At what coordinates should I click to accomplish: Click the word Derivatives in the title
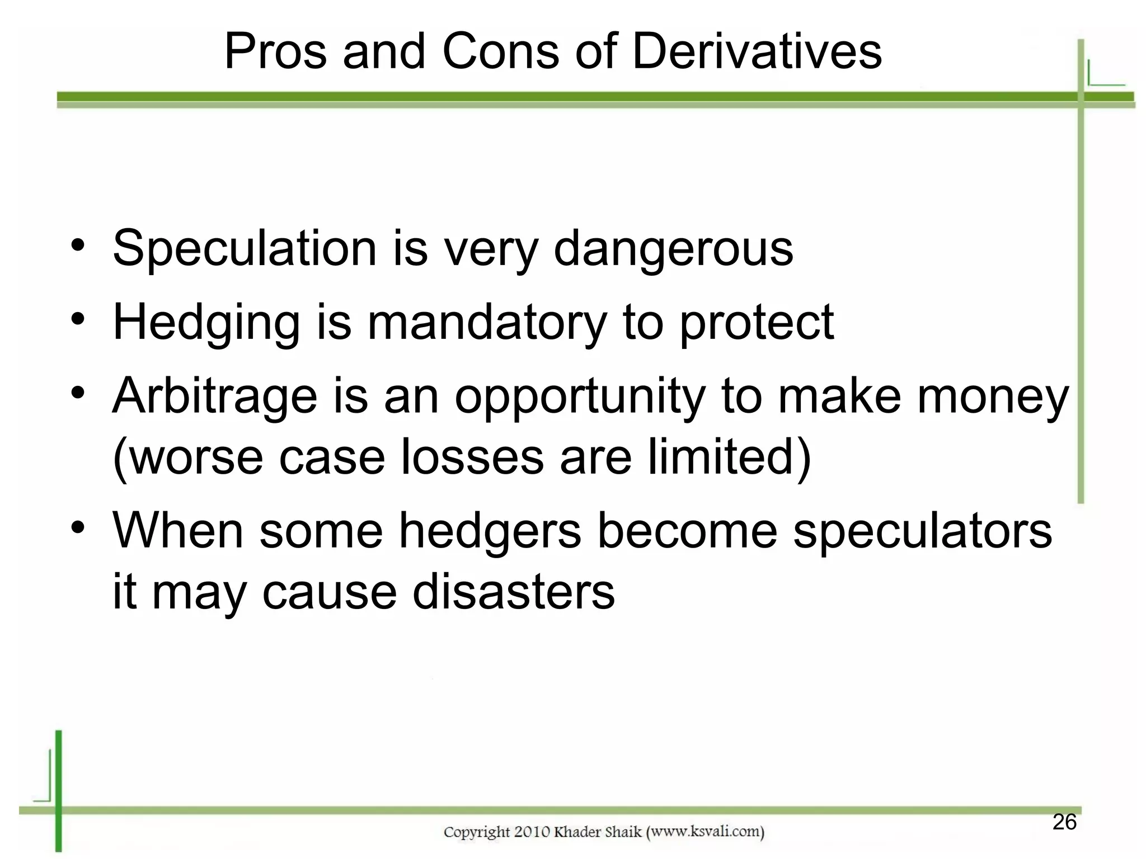(757, 51)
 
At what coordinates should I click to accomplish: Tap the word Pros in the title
(275, 51)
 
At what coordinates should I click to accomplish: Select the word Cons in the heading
(500, 51)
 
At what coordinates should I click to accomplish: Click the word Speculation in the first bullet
(245, 249)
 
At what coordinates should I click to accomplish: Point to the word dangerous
(673, 249)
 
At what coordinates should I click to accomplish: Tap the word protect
(757, 323)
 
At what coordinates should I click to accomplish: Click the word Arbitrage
(215, 397)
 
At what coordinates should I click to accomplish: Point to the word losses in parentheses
(472, 457)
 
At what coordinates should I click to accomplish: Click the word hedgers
(490, 531)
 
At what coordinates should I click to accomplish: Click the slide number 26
(1064, 822)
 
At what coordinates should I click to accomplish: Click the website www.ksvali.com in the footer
(705, 832)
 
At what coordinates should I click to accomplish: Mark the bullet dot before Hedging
(78, 320)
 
